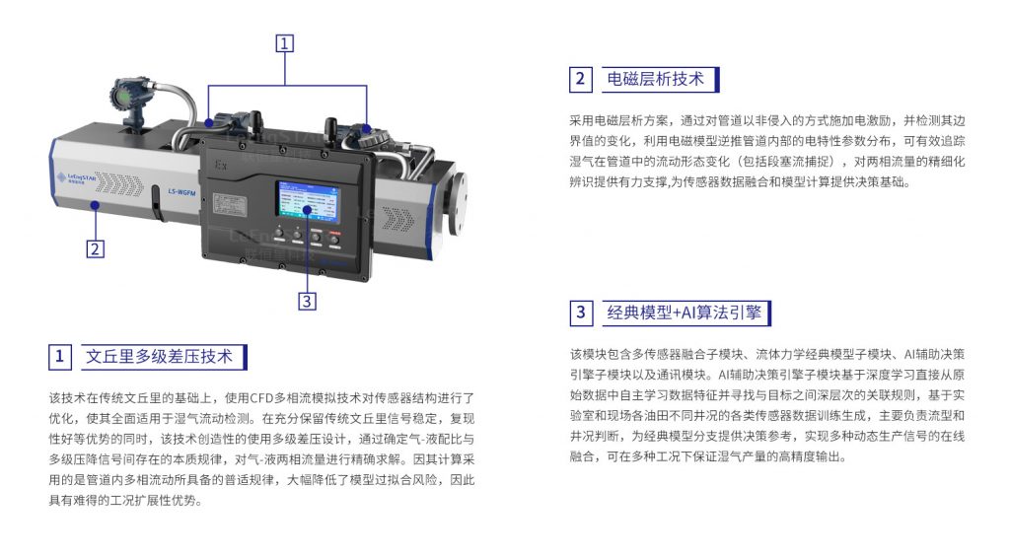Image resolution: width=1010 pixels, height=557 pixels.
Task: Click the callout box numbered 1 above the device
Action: point(285,43)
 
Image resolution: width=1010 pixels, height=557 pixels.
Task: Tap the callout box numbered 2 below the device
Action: point(96,249)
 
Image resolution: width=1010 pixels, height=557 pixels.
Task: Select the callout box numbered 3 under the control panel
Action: point(308,301)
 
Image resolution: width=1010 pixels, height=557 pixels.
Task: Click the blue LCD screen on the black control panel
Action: point(308,199)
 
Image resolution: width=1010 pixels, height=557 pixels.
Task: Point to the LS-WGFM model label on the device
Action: point(181,191)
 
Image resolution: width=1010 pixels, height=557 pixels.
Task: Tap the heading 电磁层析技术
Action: point(655,79)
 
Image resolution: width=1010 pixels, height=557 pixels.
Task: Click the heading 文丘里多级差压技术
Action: point(159,357)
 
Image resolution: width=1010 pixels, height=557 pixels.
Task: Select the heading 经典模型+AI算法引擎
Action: point(685,313)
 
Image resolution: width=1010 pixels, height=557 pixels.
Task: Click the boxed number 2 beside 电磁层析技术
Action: point(580,79)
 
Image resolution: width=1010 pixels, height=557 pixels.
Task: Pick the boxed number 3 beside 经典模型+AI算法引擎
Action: point(580,313)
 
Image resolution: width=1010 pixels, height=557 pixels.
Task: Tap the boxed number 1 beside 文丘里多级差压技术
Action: point(59,357)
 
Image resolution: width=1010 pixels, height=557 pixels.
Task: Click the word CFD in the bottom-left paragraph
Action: point(261,398)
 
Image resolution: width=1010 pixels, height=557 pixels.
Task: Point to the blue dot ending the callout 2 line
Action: point(96,205)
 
